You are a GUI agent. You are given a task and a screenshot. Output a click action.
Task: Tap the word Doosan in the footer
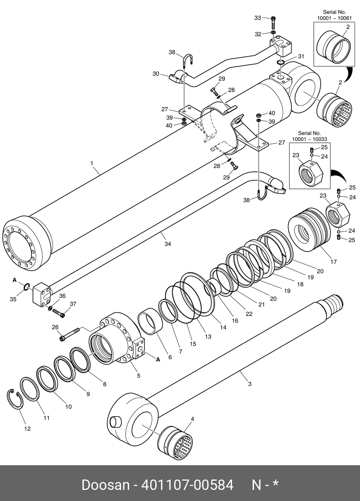click(x=105, y=485)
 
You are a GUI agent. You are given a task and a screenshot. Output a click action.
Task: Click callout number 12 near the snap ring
click(x=27, y=429)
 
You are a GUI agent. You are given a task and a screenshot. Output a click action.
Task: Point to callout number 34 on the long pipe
click(x=168, y=244)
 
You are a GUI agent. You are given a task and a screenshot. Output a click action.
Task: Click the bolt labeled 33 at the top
click(x=273, y=23)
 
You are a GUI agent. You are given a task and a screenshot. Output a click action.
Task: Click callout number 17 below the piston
click(x=333, y=262)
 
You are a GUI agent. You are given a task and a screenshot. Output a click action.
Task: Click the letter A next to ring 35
click(x=15, y=280)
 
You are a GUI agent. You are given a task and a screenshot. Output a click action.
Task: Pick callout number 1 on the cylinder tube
click(x=92, y=163)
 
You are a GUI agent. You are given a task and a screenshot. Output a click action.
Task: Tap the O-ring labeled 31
click(x=280, y=63)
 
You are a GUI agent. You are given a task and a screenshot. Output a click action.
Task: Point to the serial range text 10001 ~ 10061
click(x=334, y=18)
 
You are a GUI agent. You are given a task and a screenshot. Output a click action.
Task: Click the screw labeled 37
click(x=58, y=313)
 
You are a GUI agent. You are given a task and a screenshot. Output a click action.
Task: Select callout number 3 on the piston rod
click(x=250, y=384)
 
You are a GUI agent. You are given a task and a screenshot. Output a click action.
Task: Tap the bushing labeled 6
click(x=151, y=322)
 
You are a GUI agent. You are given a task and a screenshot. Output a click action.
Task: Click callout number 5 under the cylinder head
click(x=139, y=376)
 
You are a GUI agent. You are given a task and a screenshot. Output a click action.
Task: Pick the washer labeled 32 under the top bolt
click(x=273, y=33)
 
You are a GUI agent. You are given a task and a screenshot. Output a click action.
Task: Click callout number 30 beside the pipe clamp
click(x=155, y=74)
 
